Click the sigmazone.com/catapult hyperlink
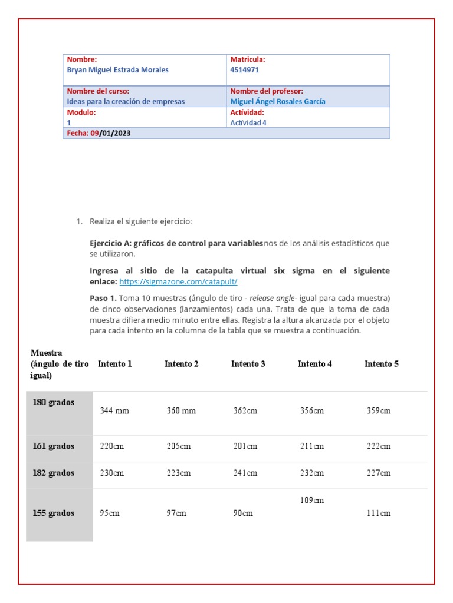point(178,282)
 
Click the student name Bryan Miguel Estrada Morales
point(117,70)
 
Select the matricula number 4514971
point(244,70)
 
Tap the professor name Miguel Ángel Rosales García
point(277,101)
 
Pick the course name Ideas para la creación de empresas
point(126,101)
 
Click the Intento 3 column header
point(248,364)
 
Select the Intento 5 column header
point(381,364)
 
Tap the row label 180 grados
point(54,402)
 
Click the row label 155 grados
point(54,513)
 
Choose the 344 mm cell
point(114,411)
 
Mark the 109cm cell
point(311,501)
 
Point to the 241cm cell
point(245,473)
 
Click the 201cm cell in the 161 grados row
point(245,446)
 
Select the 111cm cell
point(378,513)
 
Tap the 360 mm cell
point(181,411)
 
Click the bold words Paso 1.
point(103,298)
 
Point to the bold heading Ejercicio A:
point(110,243)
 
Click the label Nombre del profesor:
point(267,91)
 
